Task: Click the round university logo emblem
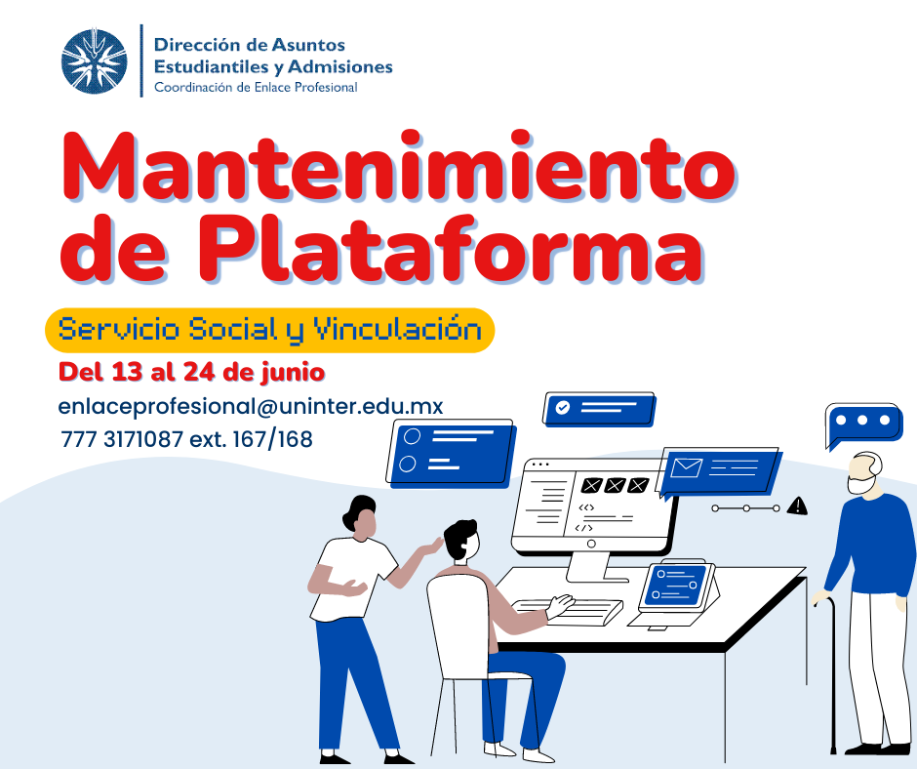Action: click(95, 61)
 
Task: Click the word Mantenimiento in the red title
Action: click(398, 166)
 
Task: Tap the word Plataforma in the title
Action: click(451, 248)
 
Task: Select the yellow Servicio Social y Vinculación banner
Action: click(269, 330)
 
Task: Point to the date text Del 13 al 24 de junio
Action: click(192, 372)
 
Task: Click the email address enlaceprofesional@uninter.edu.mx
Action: click(251, 406)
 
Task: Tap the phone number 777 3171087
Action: click(122, 439)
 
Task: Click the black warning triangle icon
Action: click(797, 506)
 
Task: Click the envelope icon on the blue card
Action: click(687, 467)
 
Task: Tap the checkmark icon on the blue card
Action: click(562, 407)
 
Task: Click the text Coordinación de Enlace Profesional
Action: click(256, 87)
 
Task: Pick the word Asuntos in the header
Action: click(309, 45)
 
